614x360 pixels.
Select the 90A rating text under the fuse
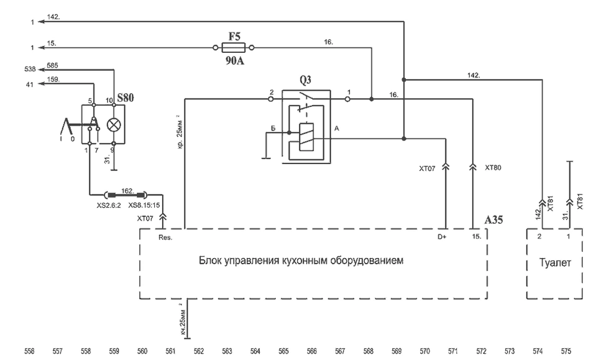[x=234, y=61]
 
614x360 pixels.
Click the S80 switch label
[x=126, y=98]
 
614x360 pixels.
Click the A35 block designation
[x=494, y=219]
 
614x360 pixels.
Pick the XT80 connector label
[x=493, y=167]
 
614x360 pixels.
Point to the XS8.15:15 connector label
[x=144, y=205]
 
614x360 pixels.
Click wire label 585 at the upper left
[x=53, y=64]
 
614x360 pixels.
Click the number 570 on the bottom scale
[x=425, y=351]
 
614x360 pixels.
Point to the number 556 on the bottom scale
[x=29, y=351]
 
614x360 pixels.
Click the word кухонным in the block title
[x=301, y=261]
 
